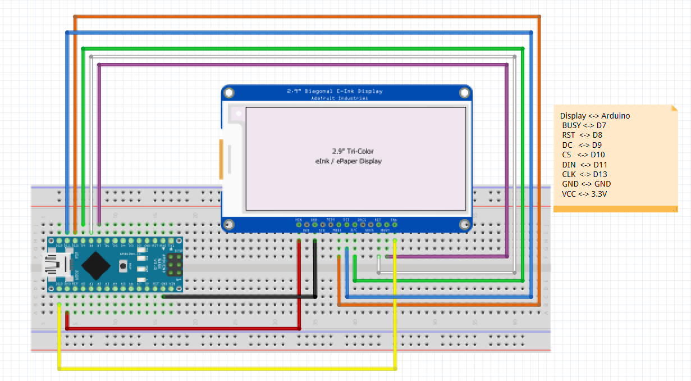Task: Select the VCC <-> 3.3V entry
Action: (x=584, y=194)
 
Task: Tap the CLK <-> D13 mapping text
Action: (x=584, y=174)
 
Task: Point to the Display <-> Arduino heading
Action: (x=594, y=116)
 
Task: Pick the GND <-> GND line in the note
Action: (x=586, y=184)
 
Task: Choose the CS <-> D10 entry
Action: (x=583, y=155)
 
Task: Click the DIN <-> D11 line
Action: (x=584, y=165)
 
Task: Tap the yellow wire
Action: (x=225, y=369)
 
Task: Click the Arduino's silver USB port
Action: (x=58, y=265)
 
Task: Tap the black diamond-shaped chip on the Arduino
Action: (x=98, y=264)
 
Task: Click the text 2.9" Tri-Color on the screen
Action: (x=352, y=151)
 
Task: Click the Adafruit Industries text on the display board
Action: (x=340, y=98)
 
